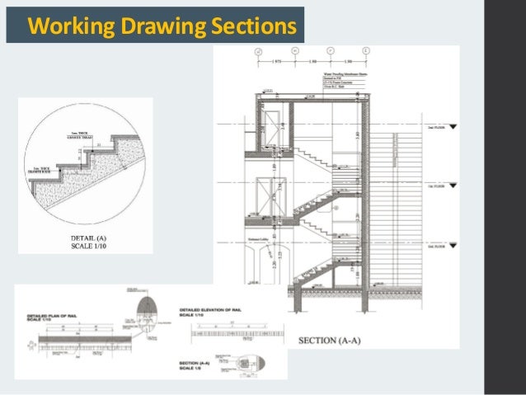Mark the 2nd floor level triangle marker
453,127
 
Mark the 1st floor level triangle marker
453,186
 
